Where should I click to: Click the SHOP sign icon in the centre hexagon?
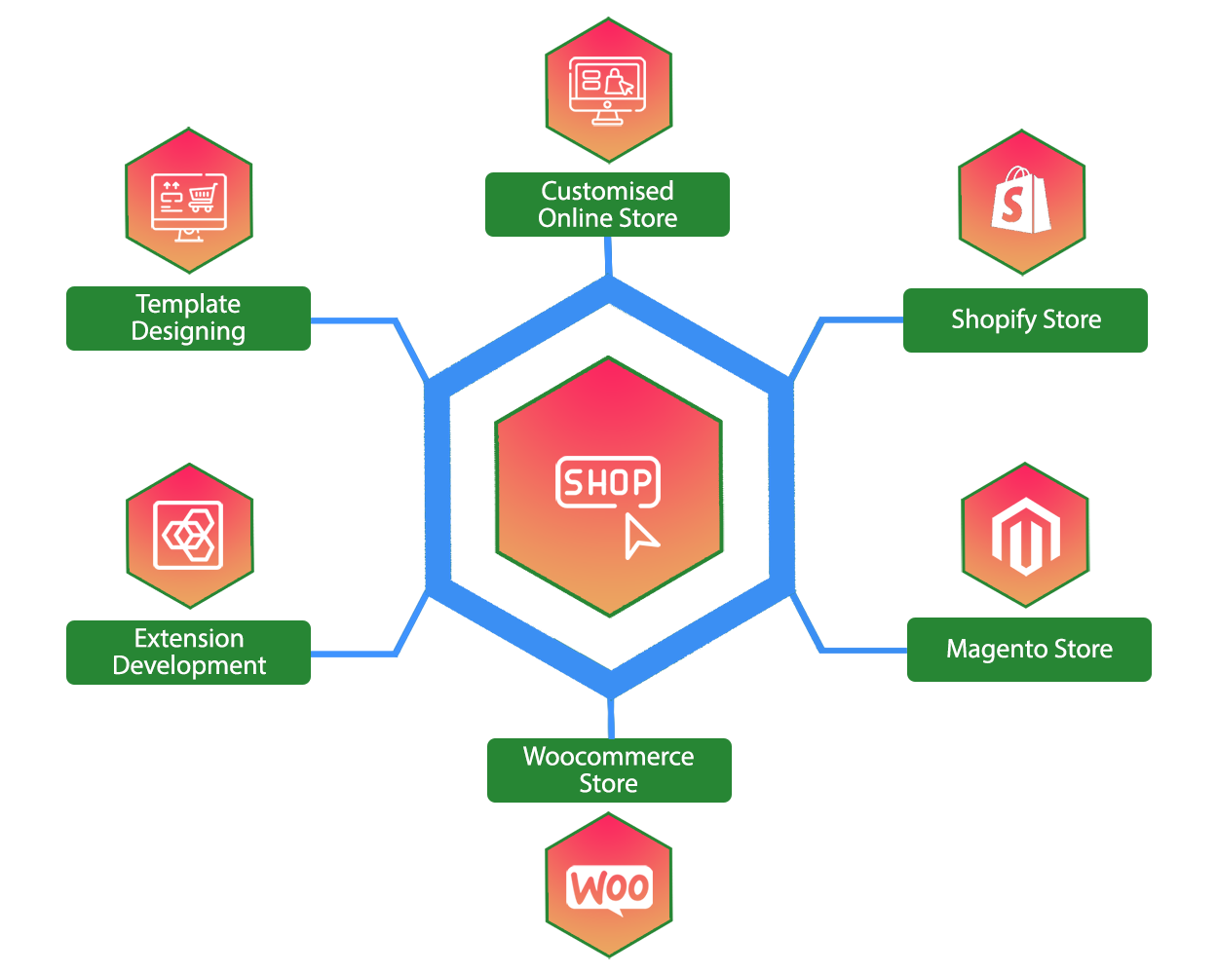pos(607,482)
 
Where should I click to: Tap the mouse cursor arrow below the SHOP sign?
pos(639,537)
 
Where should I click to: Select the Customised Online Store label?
pos(607,205)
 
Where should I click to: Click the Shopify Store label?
pos(1025,319)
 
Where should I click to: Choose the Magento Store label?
pos(1029,650)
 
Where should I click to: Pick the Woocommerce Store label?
pos(609,770)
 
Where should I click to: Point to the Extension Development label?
pos(188,652)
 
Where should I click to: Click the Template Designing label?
pos(188,318)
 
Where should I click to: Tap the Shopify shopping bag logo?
pos(1020,201)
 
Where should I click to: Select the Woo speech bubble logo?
pos(609,888)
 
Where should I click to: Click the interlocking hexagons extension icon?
pos(189,535)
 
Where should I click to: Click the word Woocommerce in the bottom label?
pos(608,757)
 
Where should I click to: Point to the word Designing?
pos(188,332)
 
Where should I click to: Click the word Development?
pos(189,665)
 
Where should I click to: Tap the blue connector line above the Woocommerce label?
pos(611,719)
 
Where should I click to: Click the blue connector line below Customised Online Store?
pos(608,255)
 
